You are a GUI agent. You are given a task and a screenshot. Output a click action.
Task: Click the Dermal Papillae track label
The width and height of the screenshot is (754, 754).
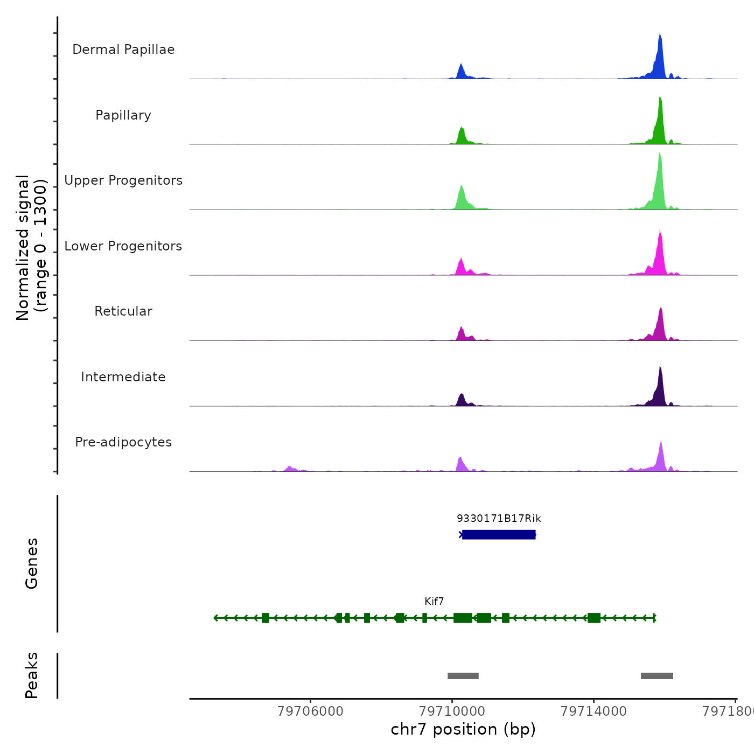123,50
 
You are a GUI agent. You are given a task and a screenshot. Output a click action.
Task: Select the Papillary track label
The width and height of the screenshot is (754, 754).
123,115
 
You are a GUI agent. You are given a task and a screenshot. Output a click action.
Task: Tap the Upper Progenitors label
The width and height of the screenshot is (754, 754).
123,180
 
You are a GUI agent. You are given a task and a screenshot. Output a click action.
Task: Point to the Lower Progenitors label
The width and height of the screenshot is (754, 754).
123,246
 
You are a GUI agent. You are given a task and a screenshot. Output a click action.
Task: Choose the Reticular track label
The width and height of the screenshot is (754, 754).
123,311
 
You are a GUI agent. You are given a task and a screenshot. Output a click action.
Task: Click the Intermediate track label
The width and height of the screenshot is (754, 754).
123,377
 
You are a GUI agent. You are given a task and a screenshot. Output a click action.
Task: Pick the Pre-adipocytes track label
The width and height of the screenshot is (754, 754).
123,442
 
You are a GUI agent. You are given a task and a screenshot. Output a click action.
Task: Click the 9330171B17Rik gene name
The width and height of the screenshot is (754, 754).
499,519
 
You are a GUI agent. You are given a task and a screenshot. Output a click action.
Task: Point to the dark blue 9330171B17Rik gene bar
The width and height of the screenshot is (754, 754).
499,534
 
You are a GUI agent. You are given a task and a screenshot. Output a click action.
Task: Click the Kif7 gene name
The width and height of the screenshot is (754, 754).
434,602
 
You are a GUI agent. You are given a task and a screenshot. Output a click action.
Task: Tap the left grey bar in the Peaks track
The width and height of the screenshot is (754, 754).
463,676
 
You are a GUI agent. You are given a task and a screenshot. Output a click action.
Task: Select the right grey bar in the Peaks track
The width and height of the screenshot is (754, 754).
657,676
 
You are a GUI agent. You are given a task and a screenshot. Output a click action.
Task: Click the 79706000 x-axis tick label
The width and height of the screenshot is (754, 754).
310,711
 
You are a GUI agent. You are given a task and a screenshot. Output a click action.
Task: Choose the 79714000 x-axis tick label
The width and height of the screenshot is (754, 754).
594,711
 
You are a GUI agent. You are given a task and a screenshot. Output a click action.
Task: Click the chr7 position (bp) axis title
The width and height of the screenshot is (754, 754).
463,729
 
